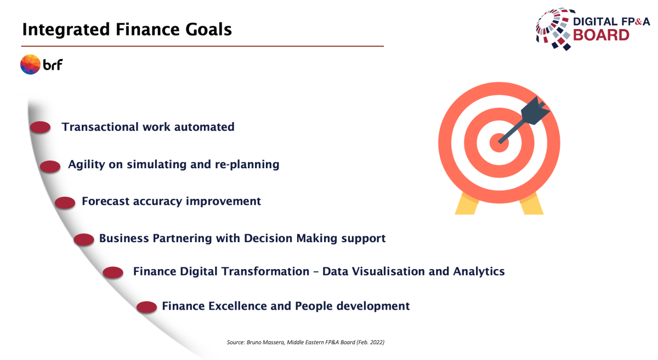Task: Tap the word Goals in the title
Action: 208,30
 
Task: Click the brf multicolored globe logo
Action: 30,64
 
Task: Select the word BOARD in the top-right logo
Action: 601,35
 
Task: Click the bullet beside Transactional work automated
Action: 40,128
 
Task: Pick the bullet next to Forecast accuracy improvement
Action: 65,203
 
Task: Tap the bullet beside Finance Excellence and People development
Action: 146,307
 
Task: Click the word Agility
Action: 87,165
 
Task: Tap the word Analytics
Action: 479,271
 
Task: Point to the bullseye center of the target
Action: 499,143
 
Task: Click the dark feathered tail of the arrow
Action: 535,110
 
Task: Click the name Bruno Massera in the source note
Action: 265,342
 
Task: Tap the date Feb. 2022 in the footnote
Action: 371,342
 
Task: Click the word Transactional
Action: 100,127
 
